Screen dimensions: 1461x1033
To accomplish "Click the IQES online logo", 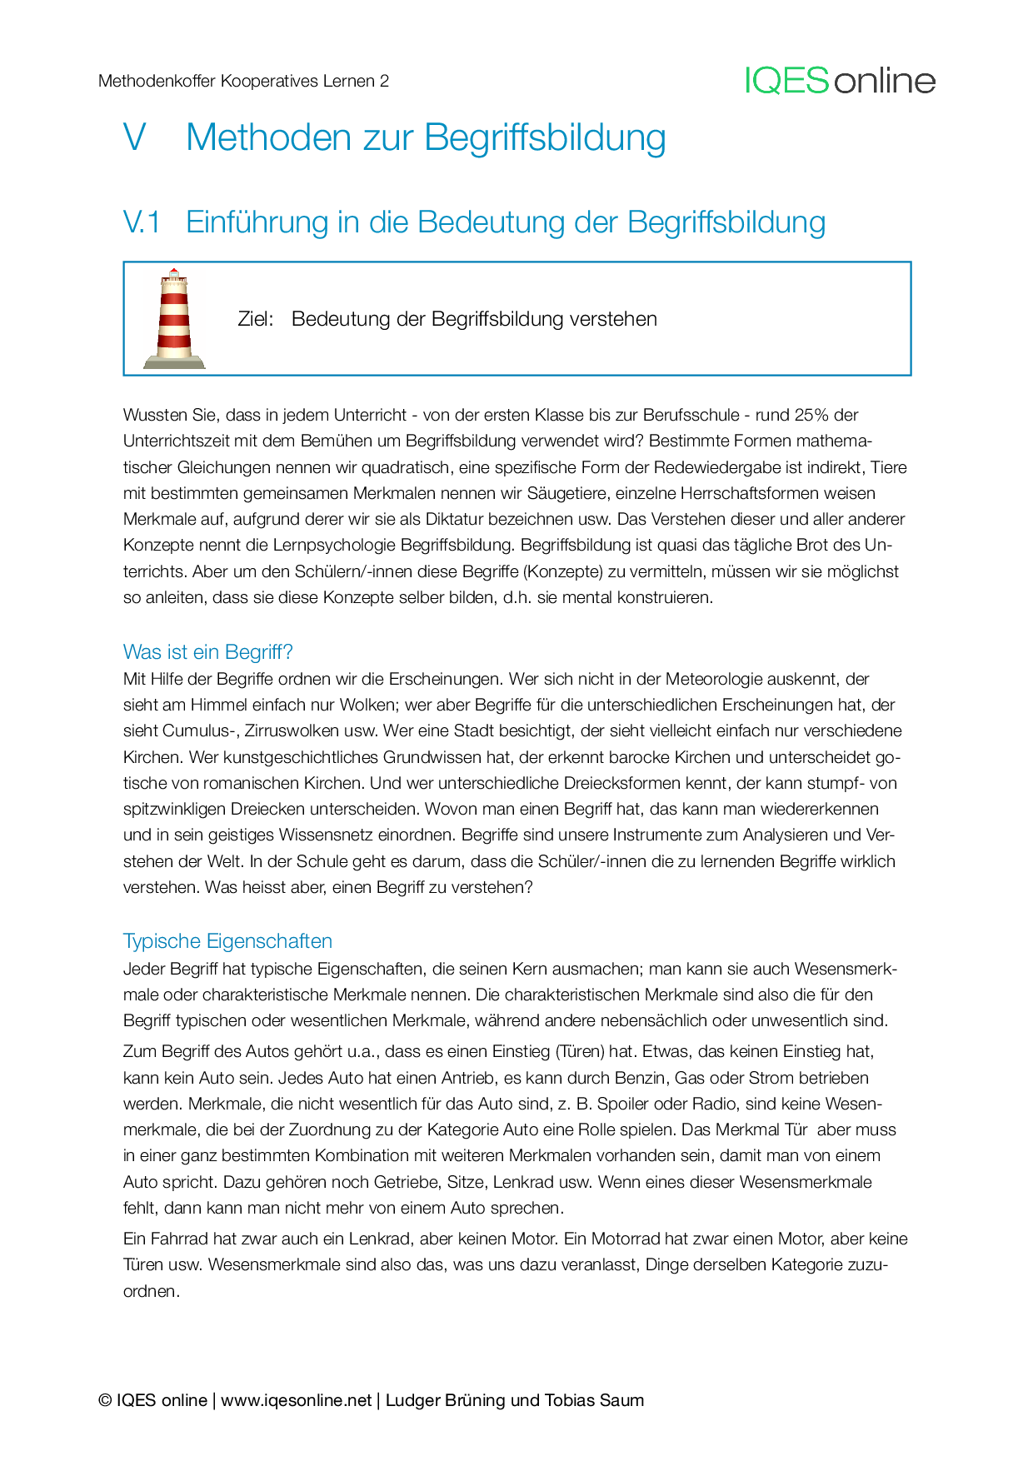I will [840, 81].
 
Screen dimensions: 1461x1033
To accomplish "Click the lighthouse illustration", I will [174, 319].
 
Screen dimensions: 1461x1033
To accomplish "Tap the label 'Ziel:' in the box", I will [255, 319].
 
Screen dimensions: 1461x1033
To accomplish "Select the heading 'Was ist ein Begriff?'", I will [207, 651].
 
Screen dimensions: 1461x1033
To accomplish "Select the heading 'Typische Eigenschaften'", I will [227, 940].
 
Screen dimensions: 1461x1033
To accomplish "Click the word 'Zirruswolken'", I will [292, 730].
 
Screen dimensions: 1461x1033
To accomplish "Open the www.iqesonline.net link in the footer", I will [296, 1400].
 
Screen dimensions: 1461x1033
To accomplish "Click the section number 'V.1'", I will [142, 222].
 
